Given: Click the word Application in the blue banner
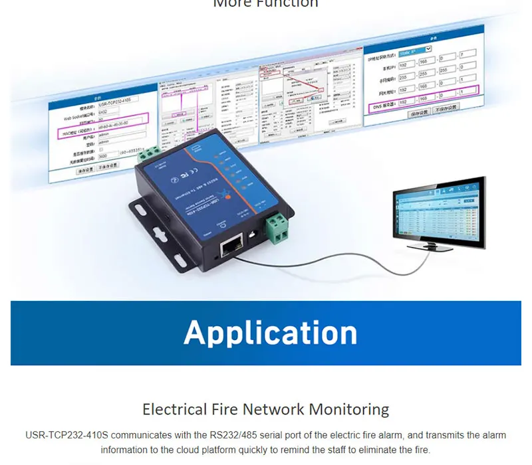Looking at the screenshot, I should (x=270, y=333).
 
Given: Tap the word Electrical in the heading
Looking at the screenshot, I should (x=174, y=409).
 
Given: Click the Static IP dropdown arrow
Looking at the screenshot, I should (x=428, y=48).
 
